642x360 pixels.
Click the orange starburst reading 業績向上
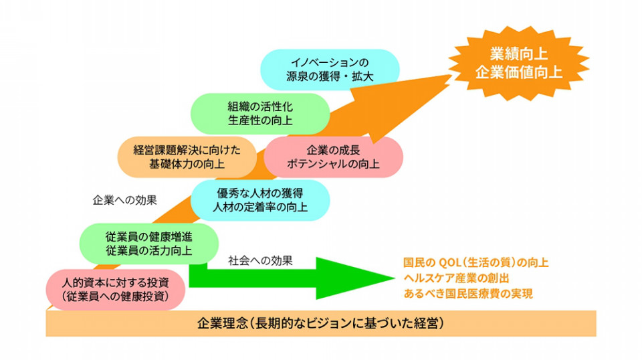519,63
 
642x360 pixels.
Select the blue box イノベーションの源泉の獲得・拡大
330,70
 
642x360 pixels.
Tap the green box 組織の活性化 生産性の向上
260,114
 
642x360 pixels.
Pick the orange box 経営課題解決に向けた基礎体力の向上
187,157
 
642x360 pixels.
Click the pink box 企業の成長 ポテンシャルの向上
333,157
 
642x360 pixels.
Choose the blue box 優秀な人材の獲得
260,200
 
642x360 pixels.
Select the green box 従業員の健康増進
148,244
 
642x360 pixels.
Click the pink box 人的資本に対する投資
116,289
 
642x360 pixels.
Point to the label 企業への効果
125,200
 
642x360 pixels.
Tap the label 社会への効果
260,261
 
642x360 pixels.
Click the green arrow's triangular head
355,278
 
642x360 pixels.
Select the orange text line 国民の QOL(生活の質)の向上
475,262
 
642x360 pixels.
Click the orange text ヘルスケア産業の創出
456,278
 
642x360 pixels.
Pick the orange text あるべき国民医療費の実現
468,294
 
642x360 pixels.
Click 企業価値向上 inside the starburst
519,72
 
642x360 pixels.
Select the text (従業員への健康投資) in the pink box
116,296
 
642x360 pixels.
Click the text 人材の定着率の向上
260,207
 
